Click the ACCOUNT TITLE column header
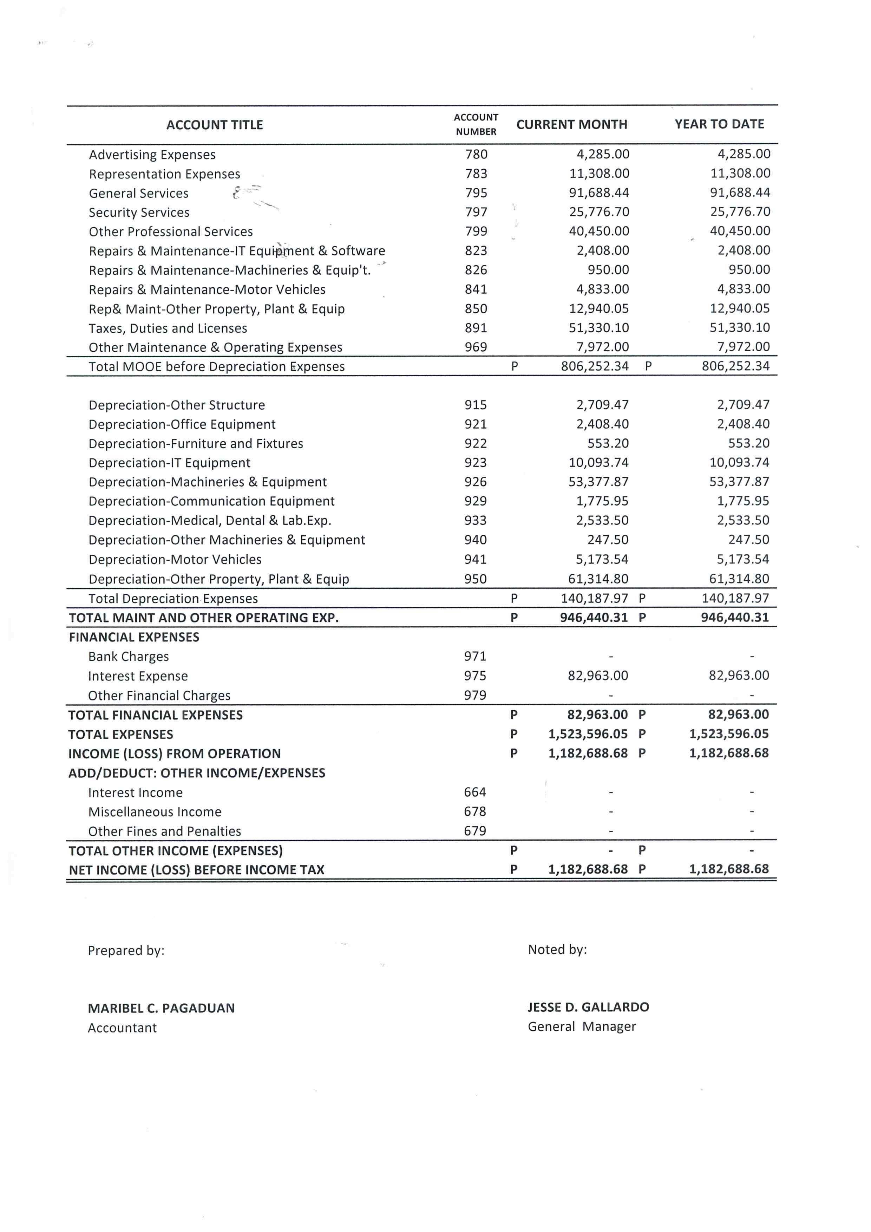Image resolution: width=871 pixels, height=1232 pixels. pos(215,125)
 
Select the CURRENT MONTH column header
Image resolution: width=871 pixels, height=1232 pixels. pos(572,124)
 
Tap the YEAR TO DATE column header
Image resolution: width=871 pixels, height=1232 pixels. pos(719,124)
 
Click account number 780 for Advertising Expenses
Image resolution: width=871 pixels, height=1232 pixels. pos(476,155)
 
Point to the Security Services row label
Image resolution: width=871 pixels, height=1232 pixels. pos(139,213)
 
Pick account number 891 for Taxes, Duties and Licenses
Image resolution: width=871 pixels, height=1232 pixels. pos(476,328)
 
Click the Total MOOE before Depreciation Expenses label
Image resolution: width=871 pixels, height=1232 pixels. pos(217,366)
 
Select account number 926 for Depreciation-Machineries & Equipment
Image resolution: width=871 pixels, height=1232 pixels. pos(476,482)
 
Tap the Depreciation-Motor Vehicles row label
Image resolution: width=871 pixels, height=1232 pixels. pos(175,559)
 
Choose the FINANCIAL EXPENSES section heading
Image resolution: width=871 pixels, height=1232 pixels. pos(134,637)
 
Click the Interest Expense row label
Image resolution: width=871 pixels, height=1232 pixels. pos(138,676)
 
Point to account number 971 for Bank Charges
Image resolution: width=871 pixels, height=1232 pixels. pos(475,656)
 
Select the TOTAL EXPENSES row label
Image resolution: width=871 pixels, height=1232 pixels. pos(121,734)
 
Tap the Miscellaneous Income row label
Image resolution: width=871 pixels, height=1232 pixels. pos(155,812)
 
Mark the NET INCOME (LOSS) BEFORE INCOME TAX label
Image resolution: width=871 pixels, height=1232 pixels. pos(196,870)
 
